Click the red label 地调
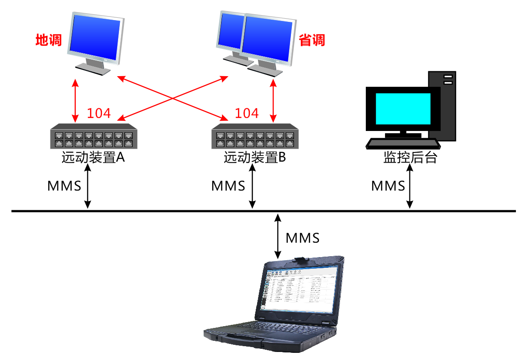coord(49,41)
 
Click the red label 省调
coord(311,41)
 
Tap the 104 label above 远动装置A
coord(98,113)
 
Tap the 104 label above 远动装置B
coord(246,113)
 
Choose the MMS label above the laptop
coord(303,238)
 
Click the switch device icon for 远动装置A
coord(92,136)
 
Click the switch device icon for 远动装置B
coord(254,136)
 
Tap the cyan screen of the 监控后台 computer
coord(403,108)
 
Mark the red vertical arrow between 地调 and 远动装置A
coord(75,100)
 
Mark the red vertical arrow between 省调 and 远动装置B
coord(273,100)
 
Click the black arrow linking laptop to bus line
coord(278,236)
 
